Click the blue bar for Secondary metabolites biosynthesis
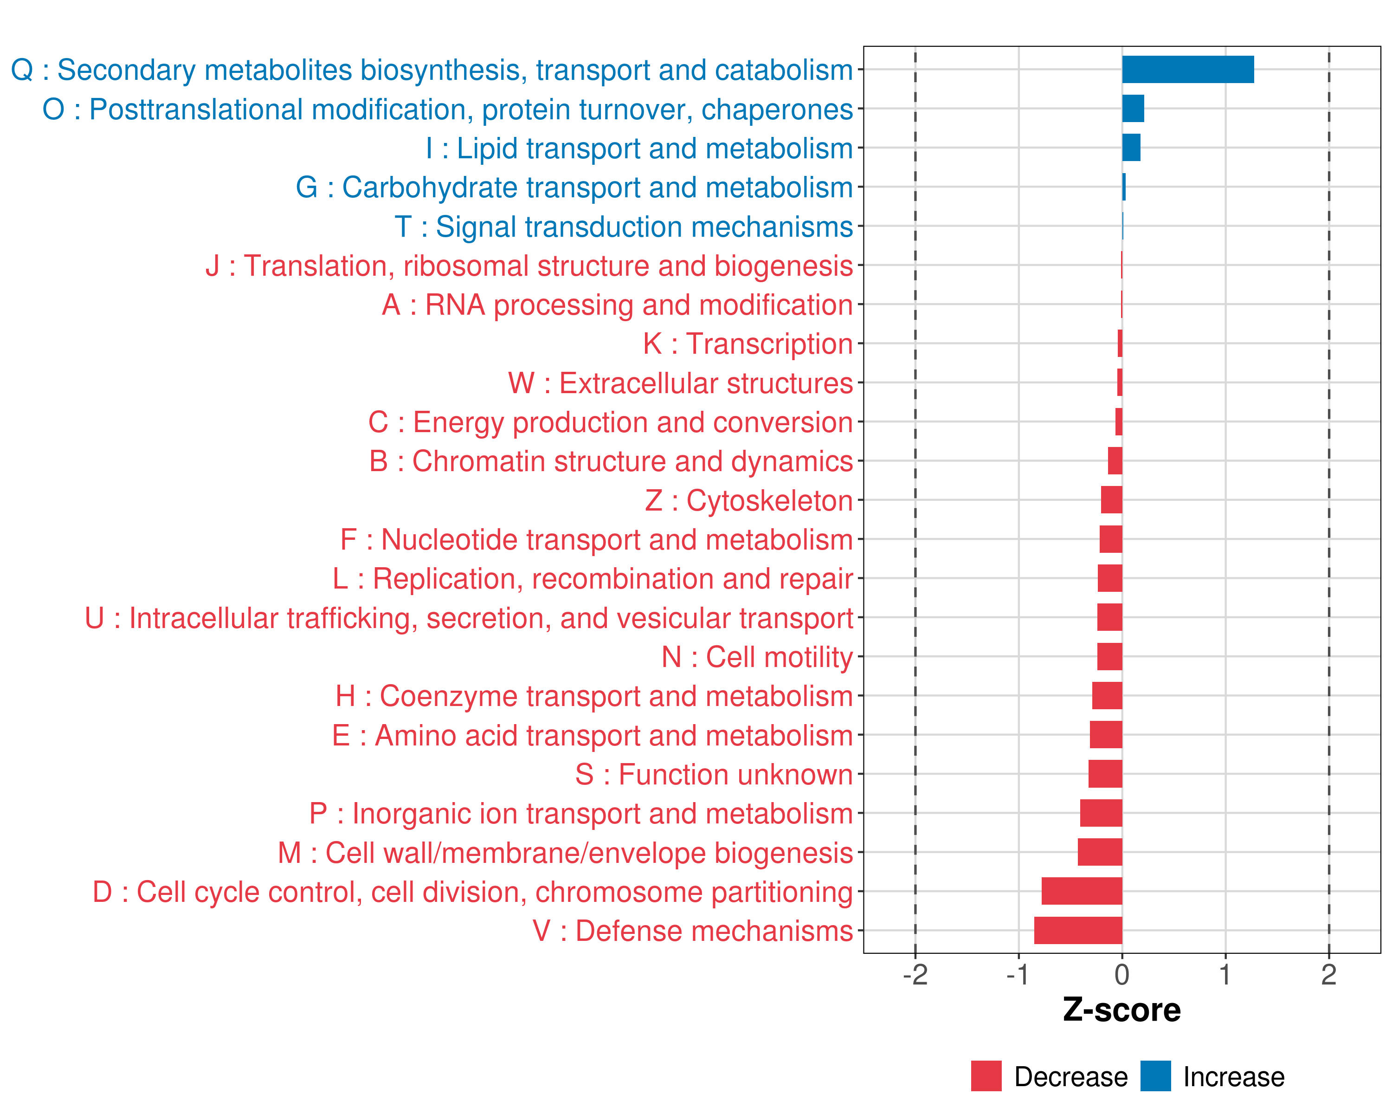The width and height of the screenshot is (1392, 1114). (1187, 70)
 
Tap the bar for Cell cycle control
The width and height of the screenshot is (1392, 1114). (1082, 891)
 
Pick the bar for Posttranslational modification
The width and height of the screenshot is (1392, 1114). (1133, 109)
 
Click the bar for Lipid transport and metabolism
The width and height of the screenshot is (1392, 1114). (1131, 148)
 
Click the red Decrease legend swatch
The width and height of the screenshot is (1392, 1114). (986, 1076)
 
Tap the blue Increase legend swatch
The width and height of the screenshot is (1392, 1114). (1155, 1076)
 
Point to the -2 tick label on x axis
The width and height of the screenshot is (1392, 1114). (915, 974)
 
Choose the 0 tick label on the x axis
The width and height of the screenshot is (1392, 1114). (1122, 974)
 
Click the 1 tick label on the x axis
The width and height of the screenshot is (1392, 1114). (1225, 974)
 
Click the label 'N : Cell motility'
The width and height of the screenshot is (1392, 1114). (757, 657)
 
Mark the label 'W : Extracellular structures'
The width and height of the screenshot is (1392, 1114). (681, 383)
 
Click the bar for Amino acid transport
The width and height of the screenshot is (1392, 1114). (1106, 735)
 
